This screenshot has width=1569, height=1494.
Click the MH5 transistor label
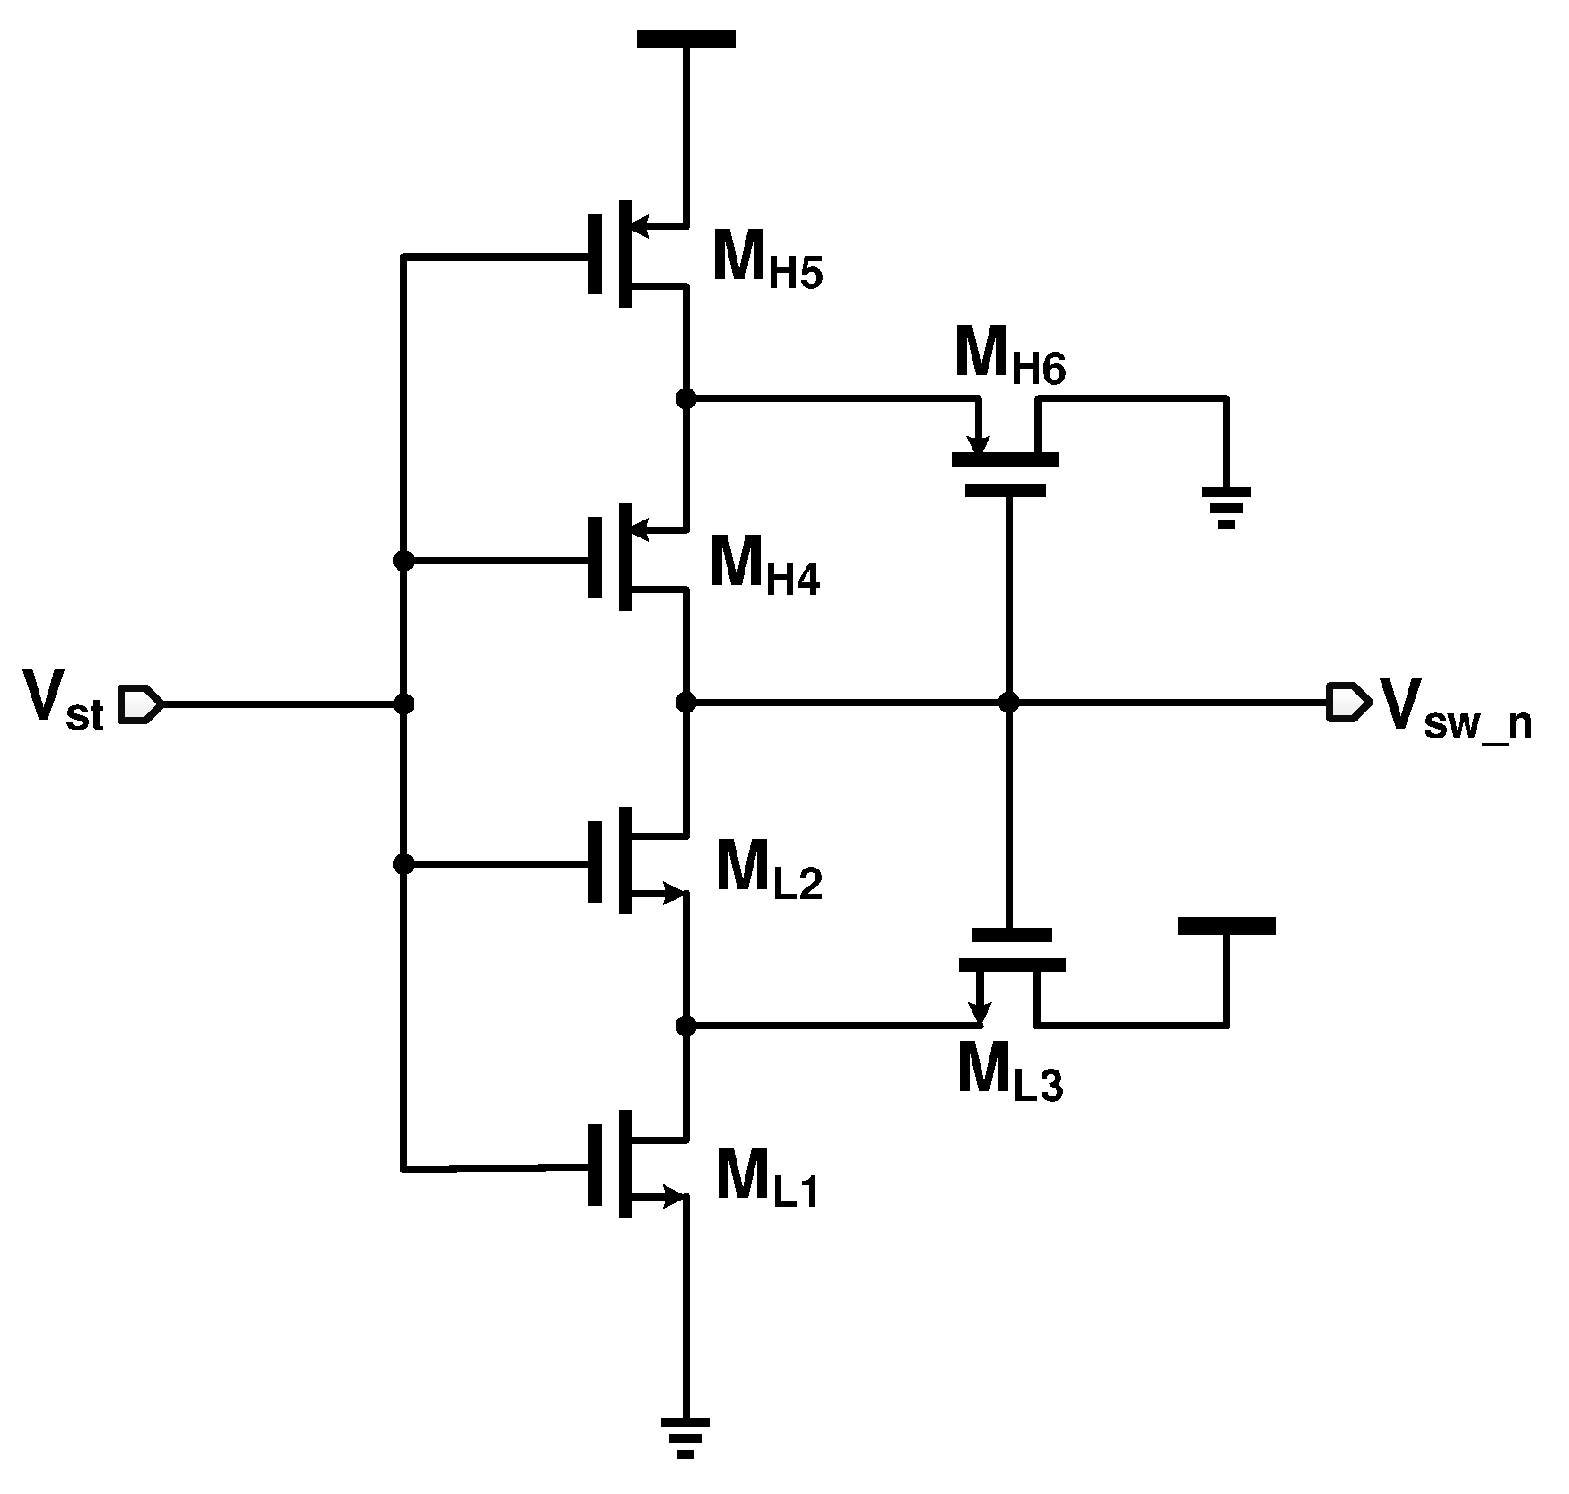[x=765, y=259]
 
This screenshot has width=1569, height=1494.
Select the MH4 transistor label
[x=763, y=564]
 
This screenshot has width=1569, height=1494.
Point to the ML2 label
[x=768, y=869]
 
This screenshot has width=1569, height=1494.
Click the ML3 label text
[x=1009, y=1074]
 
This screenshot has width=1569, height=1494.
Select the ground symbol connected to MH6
[x=1226, y=507]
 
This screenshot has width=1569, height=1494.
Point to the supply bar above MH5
[x=685, y=39]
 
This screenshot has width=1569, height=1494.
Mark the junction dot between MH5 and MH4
[x=685, y=398]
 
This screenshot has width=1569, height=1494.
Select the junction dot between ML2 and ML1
[x=685, y=1026]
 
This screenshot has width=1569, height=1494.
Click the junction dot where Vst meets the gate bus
[x=404, y=704]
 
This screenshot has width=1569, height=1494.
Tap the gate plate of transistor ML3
[x=1010, y=935]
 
